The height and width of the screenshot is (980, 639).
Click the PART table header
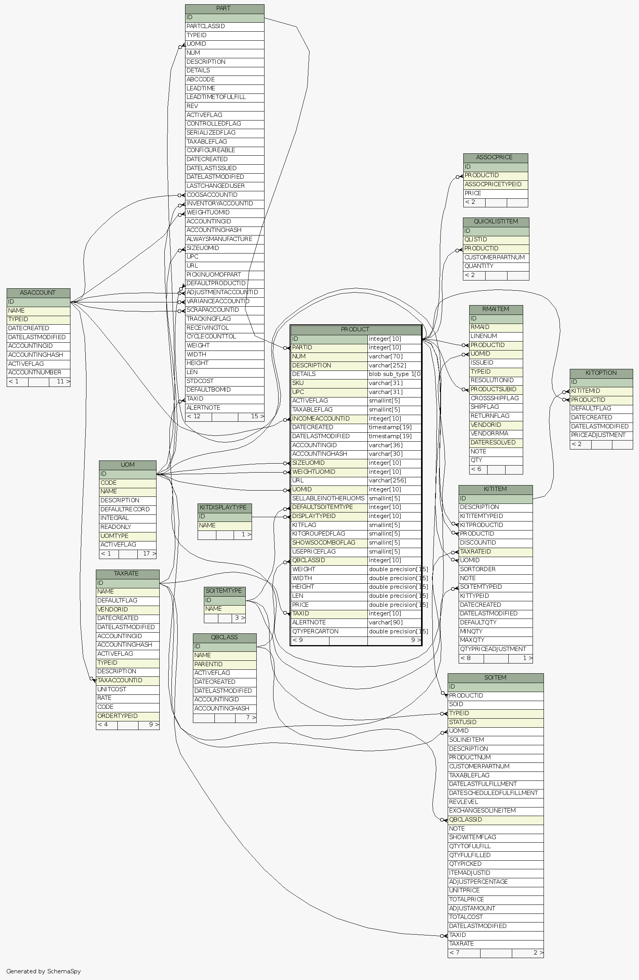224,9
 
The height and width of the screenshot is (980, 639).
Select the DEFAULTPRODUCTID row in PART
216,283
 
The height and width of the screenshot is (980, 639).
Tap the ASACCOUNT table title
38,293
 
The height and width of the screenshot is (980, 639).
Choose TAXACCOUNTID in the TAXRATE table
120,681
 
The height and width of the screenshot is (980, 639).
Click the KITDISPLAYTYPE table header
224,508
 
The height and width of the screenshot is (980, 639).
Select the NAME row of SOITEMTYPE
214,609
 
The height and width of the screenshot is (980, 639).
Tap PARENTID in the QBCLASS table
208,665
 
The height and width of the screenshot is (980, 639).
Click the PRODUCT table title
355,329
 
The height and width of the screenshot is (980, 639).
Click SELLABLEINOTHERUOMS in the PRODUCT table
328,499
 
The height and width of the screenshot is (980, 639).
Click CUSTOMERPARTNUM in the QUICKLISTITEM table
495,258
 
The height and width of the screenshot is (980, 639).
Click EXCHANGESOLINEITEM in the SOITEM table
482,811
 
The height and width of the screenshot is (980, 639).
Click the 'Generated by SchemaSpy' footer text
44,971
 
